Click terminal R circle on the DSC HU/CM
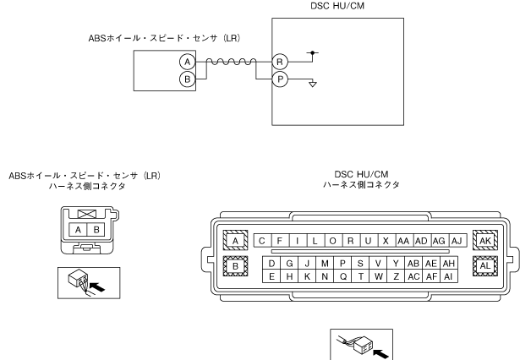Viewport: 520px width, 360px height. point(279,62)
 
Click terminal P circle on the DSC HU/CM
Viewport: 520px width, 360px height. point(279,79)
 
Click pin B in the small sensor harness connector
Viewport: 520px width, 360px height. point(96,230)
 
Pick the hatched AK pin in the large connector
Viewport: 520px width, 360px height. point(485,240)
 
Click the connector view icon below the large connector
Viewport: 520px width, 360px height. point(364,343)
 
